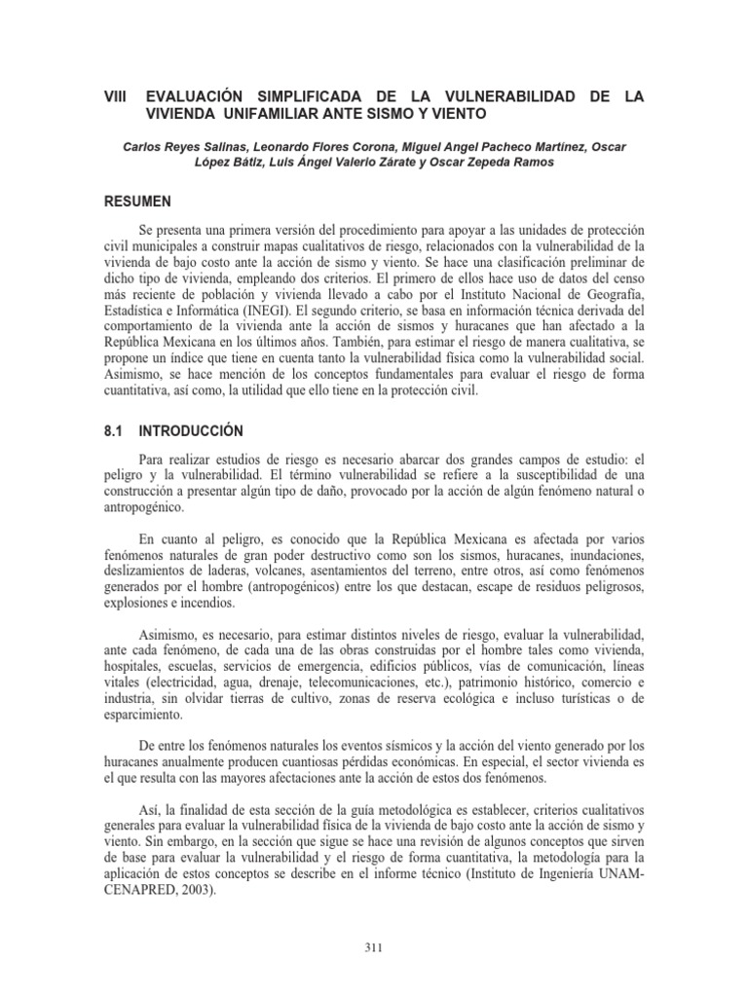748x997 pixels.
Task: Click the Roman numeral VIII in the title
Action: click(x=116, y=97)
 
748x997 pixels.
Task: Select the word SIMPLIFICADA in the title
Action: click(x=303, y=97)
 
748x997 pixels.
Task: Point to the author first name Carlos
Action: click(x=144, y=146)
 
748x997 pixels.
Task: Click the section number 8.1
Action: click(x=115, y=430)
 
